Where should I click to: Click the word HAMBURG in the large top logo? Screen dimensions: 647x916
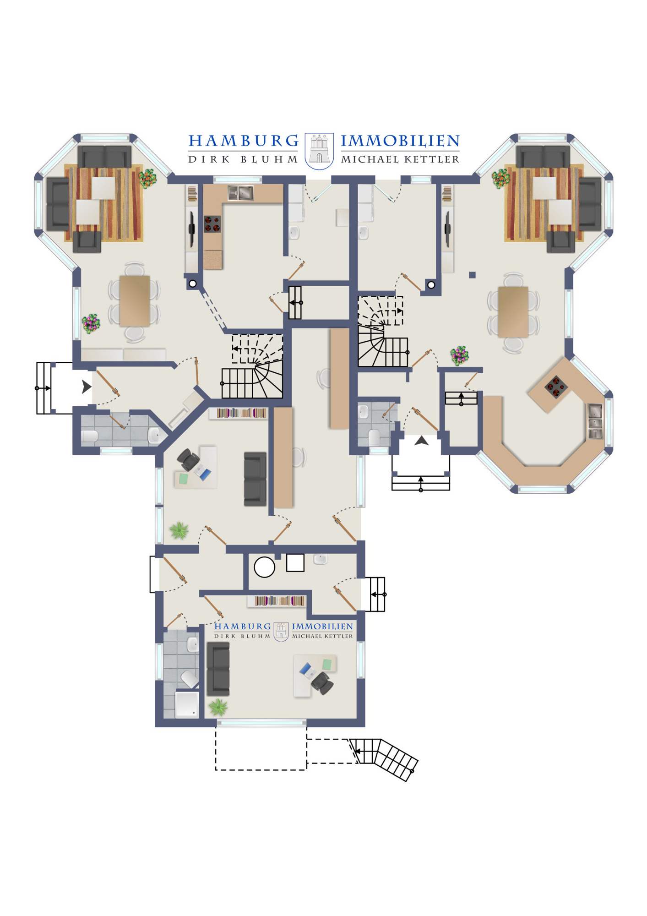point(244,141)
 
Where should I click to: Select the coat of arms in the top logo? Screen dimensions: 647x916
point(319,151)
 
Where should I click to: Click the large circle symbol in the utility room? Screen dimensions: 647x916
point(264,567)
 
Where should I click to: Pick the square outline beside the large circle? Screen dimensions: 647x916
point(295,563)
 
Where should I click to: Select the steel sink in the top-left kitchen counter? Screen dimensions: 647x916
point(241,193)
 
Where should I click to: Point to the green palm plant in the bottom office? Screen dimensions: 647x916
point(218,707)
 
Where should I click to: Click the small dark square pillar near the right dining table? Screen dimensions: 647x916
point(472,275)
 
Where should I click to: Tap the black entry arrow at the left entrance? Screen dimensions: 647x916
point(87,387)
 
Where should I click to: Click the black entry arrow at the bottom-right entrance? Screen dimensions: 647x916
point(421,441)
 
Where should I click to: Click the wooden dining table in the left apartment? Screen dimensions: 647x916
point(135,301)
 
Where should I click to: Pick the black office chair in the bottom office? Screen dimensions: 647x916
point(322,682)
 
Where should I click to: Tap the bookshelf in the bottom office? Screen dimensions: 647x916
point(278,601)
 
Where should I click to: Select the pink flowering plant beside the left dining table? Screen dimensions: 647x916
point(91,323)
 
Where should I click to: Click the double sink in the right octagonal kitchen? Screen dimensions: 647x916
point(595,422)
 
